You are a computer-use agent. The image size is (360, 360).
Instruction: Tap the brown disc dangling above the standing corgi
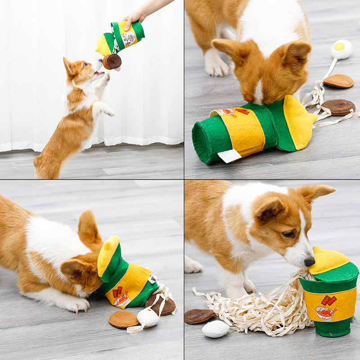pyautogui.click(x=112, y=61)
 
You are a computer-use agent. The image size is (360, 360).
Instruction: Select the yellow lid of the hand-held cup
pyautogui.click(x=104, y=45)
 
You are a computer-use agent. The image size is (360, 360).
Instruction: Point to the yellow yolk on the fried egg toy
pyautogui.click(x=339, y=46)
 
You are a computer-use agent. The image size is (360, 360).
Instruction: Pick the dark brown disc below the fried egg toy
pyautogui.click(x=338, y=107)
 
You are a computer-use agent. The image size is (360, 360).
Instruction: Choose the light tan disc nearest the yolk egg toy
pyautogui.click(x=338, y=81)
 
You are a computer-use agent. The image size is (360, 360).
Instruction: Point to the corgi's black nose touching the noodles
pyautogui.click(x=309, y=261)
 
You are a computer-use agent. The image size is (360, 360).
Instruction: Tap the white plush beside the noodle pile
pyautogui.click(x=216, y=329)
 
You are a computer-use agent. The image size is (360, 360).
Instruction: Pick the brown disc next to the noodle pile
pyautogui.click(x=198, y=316)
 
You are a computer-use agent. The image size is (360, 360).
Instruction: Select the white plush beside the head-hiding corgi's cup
pyautogui.click(x=147, y=317)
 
